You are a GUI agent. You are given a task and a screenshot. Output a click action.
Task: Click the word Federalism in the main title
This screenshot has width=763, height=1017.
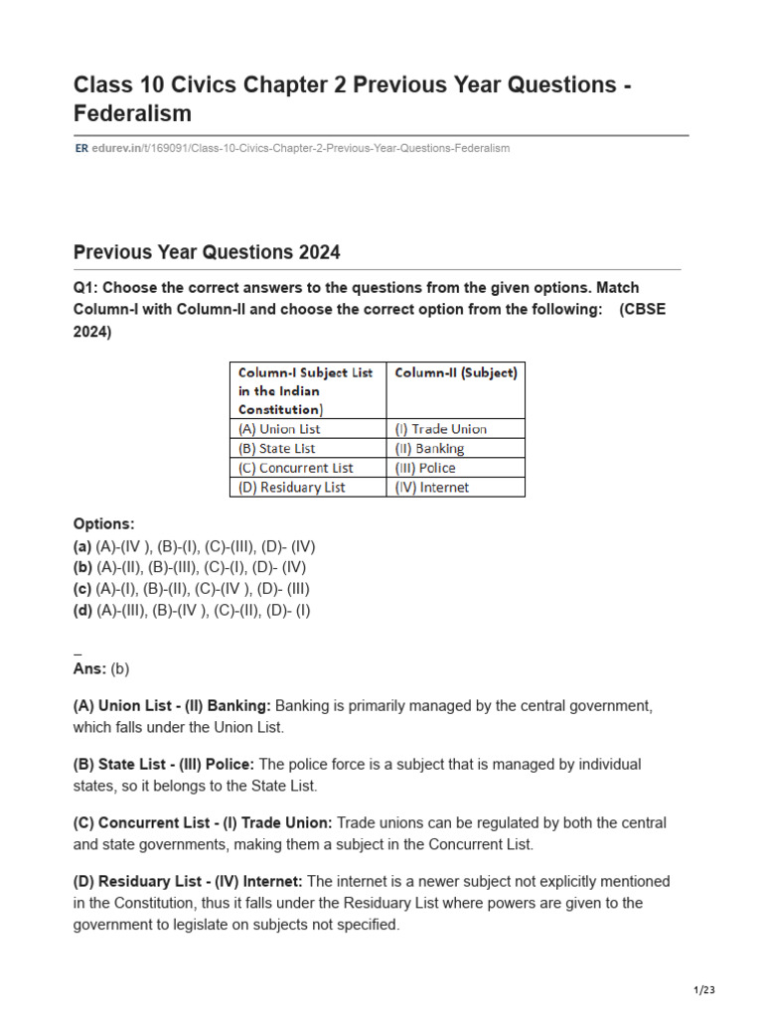(132, 114)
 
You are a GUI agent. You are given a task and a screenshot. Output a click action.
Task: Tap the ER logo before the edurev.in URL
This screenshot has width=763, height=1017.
(80, 148)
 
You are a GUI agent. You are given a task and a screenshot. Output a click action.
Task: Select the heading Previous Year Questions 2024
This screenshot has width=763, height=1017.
(207, 252)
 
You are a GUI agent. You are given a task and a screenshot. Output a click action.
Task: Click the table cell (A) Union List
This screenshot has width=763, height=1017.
(279, 429)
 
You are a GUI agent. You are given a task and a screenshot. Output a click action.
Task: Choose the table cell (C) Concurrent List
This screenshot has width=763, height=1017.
(295, 468)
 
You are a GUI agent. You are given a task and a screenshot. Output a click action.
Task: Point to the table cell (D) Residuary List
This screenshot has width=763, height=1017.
(292, 487)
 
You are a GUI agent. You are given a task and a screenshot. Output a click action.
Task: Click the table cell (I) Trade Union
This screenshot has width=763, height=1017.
(441, 429)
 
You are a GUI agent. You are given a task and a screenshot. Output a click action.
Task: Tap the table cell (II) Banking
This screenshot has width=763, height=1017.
(430, 448)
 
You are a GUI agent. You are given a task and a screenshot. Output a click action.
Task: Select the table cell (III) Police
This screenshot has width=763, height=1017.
(426, 468)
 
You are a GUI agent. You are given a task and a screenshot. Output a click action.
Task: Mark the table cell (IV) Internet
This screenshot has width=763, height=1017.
(432, 487)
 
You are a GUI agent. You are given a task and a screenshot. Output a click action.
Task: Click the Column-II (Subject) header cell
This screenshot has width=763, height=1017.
(456, 373)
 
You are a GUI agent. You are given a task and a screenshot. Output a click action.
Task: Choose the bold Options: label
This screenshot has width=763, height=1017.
(103, 523)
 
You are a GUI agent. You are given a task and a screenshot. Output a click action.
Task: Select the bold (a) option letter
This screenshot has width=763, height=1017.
(82, 545)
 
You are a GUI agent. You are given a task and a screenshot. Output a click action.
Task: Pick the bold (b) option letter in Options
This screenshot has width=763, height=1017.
(82, 567)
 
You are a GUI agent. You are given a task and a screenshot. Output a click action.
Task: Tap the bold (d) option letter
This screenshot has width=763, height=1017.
(82, 611)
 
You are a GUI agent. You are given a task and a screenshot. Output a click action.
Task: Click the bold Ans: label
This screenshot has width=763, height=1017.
(89, 668)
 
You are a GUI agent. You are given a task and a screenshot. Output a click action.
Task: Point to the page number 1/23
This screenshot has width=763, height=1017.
(703, 990)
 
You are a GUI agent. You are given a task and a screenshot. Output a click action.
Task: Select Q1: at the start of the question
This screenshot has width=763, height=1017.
(86, 288)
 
